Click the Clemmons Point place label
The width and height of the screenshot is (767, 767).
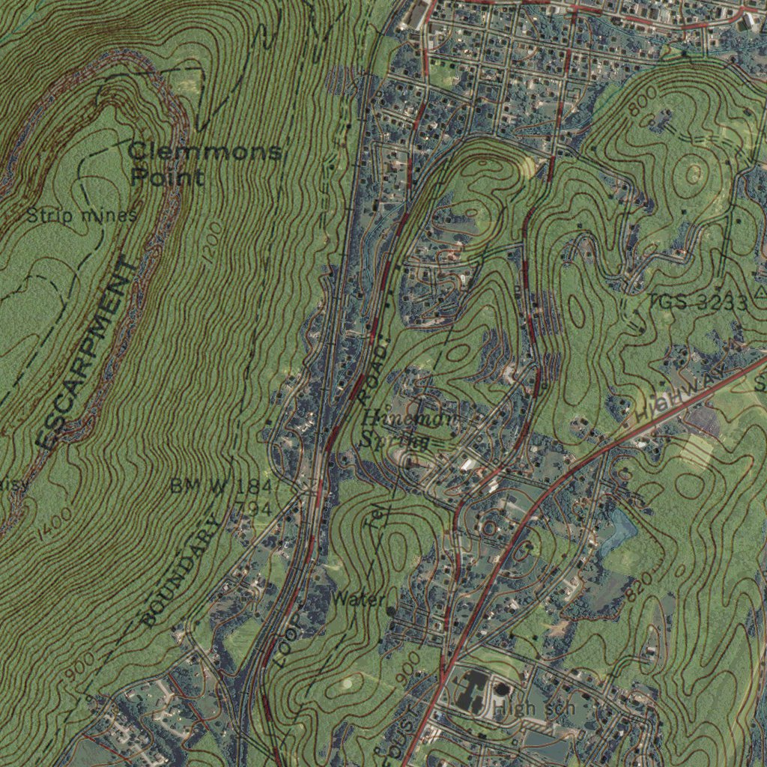(204, 164)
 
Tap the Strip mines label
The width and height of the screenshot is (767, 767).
(82, 216)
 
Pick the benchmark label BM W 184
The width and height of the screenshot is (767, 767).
(220, 486)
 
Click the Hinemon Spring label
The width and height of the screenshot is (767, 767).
(408, 429)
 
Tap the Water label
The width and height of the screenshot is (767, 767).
(359, 599)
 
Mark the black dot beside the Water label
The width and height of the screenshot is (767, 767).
(391, 611)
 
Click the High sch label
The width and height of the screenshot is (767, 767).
(539, 708)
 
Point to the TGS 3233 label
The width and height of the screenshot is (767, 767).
(698, 303)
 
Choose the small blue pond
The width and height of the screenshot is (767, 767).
(622, 529)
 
